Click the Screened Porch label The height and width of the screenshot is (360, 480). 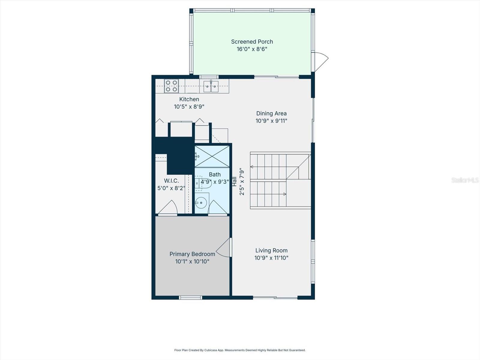pyautogui.click(x=252, y=42)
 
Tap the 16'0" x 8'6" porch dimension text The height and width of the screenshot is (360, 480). pyautogui.click(x=252, y=49)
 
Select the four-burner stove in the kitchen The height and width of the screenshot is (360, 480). pyautogui.click(x=171, y=86)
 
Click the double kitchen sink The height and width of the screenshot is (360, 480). pyautogui.click(x=211, y=86)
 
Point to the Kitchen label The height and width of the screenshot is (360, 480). pyautogui.click(x=189, y=99)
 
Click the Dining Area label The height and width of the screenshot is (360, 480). pyautogui.click(x=271, y=113)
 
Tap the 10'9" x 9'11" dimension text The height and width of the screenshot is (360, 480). pyautogui.click(x=271, y=121)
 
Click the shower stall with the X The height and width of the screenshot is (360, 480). pyautogui.click(x=212, y=156)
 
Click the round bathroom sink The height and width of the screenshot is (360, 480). pyautogui.click(x=201, y=203)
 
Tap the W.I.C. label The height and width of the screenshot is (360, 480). pyautogui.click(x=171, y=181)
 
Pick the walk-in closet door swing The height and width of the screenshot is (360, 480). pyautogui.click(x=168, y=208)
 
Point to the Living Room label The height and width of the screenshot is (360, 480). pyautogui.click(x=271, y=250)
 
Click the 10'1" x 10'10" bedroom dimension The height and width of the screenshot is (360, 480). pyautogui.click(x=192, y=262)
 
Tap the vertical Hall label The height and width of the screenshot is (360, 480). pyautogui.click(x=235, y=181)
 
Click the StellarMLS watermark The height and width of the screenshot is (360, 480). pyautogui.click(x=465, y=180)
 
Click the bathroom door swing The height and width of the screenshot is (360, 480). pyautogui.click(x=217, y=208)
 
